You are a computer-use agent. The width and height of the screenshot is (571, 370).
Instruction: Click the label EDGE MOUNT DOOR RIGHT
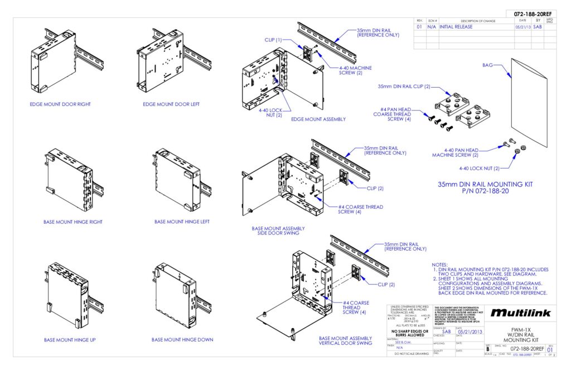pos(60,104)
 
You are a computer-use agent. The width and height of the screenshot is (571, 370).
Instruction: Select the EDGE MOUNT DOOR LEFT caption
pos(171,104)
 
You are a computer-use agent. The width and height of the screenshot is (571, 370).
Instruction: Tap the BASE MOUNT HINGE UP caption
pos(66,339)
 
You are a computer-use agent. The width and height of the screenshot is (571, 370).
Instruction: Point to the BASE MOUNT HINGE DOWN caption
pos(182,339)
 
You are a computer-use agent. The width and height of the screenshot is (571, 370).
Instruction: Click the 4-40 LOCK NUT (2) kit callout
pos(478,168)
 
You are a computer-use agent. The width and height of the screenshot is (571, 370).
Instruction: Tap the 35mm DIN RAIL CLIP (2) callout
pos(404,87)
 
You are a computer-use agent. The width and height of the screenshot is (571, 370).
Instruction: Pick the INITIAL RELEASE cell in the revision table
pos(456,27)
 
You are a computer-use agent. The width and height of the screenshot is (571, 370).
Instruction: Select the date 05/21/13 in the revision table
pos(522,27)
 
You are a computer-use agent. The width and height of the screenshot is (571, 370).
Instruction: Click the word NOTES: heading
pos(442,265)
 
